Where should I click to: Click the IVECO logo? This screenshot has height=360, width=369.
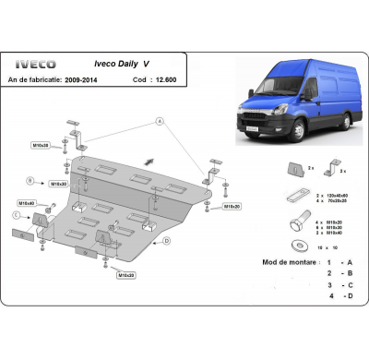(x=36, y=64)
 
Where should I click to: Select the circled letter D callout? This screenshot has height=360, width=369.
(x=166, y=240)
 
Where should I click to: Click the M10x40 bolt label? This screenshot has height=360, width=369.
(x=26, y=202)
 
